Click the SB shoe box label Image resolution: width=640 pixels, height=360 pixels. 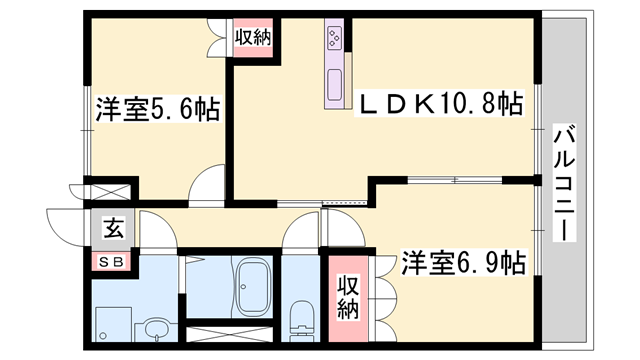tap(110, 261)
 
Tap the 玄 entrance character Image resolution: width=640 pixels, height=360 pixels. tap(111, 229)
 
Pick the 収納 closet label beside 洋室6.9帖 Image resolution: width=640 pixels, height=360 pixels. tap(346, 297)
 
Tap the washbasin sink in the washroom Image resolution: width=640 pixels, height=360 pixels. tap(155, 328)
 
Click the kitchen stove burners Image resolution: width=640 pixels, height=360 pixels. tap(333, 40)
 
